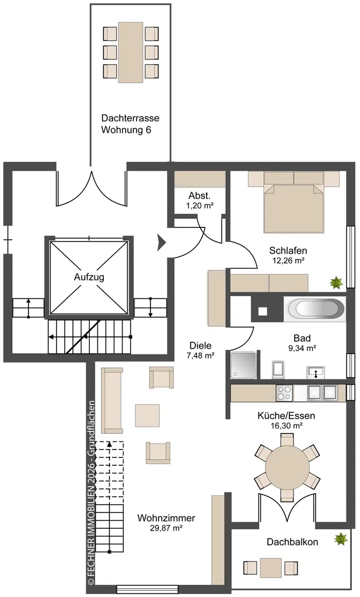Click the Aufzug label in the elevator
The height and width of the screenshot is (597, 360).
coord(89,277)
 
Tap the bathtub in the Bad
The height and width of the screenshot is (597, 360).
coord(314,308)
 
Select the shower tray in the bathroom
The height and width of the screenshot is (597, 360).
coord(243,365)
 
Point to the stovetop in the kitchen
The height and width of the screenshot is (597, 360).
coord(284,392)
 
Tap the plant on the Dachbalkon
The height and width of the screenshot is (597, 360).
coord(341,539)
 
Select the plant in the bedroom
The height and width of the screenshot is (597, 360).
coord(336,283)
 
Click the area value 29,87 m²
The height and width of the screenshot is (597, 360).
coord(166,528)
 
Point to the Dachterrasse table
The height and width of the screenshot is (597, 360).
coord(131,52)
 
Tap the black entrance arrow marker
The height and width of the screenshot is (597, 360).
coord(162,243)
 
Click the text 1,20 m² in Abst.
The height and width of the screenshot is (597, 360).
coord(199,206)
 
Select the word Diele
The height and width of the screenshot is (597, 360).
coord(201,345)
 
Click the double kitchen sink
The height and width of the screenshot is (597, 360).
coord(322,392)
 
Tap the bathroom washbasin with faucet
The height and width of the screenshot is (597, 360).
coord(316,372)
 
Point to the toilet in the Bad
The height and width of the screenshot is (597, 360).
coord(278,370)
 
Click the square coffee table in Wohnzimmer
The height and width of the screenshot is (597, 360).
coord(148,415)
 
